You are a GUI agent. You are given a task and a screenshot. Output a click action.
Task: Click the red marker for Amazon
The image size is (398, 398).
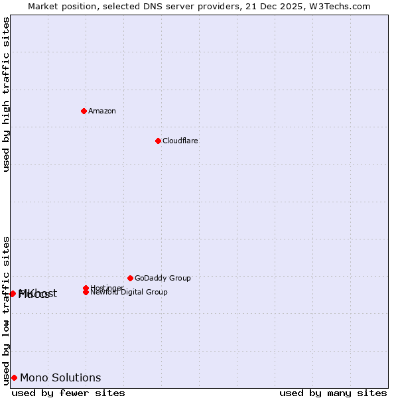[84, 111]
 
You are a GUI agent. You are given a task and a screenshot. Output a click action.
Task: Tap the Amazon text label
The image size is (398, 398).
[102, 111]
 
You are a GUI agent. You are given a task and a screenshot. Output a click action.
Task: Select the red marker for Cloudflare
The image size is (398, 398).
[158, 141]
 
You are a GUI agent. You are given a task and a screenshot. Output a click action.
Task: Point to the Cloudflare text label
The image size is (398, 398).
[180, 141]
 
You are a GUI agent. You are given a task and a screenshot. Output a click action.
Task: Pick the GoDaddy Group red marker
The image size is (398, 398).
[130, 278]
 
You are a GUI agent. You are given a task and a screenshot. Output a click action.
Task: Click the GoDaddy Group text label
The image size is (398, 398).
[163, 278]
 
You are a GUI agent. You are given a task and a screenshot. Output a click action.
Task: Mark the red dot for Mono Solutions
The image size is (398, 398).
[14, 377]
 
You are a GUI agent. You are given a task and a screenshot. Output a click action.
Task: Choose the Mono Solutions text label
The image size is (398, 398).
[60, 377]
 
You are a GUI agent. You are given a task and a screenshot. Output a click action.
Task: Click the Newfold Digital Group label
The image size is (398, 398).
[129, 293]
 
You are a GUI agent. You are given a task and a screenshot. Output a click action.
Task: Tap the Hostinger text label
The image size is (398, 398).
[107, 288]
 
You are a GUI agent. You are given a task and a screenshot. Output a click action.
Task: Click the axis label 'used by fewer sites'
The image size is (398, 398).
[68, 393]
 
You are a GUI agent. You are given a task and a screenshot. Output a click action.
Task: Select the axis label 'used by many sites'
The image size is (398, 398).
[333, 393]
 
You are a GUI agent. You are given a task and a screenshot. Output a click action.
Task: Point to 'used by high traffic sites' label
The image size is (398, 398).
[6, 94]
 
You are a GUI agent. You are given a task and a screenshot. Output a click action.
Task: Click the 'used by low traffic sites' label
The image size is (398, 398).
[6, 310]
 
